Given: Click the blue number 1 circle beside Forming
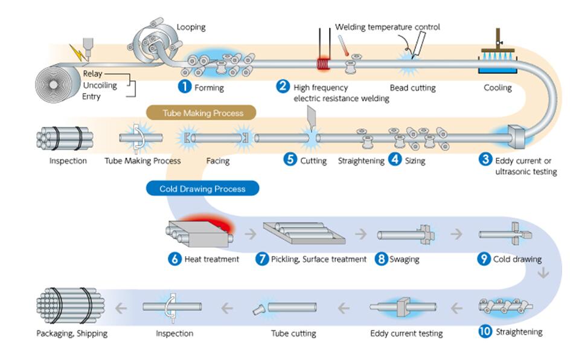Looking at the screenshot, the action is coord(184,87).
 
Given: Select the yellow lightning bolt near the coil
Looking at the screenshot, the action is coord(78,53).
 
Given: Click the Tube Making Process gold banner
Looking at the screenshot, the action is coord(201,113).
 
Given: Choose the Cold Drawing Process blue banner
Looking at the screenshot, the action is coord(202,188).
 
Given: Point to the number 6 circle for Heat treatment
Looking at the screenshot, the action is coord(175,259).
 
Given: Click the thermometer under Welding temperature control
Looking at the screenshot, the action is coord(343,45).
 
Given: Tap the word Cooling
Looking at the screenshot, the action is coord(498,88).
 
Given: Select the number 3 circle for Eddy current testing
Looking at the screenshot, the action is coord(485,159).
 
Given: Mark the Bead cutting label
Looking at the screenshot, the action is coord(412,88).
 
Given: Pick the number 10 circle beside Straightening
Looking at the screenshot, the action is coord(485,332).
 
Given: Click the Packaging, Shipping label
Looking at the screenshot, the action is coord(72,333).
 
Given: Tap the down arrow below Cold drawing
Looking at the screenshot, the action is coord(543,273).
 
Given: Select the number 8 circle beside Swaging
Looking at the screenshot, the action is coord(382,259).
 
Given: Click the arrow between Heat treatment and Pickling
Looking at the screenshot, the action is coord(251,234).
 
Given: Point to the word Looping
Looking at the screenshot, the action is coord(191,27).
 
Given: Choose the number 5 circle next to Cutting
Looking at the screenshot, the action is coord(290,159).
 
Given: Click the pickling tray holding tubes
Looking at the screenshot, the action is coord(304,233).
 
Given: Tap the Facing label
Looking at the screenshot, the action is coord(218,161).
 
